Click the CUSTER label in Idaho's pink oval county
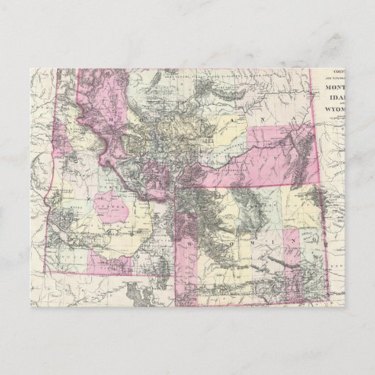click(110, 206)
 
